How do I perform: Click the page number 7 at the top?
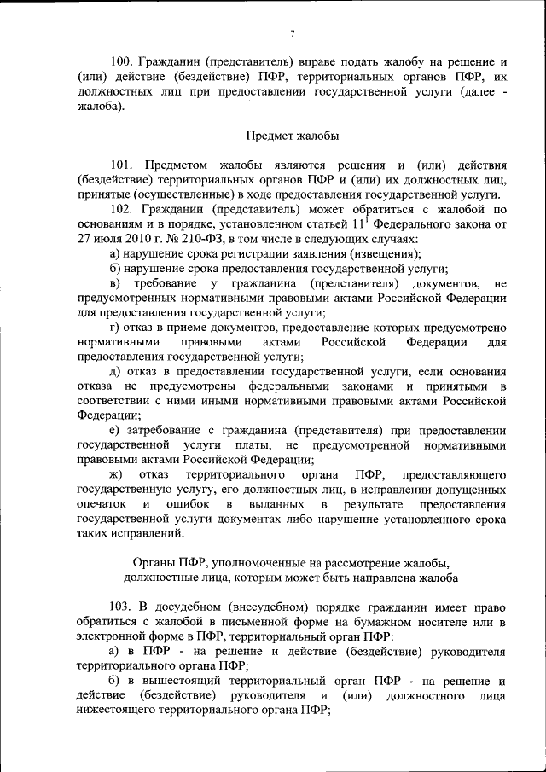click(292, 33)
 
